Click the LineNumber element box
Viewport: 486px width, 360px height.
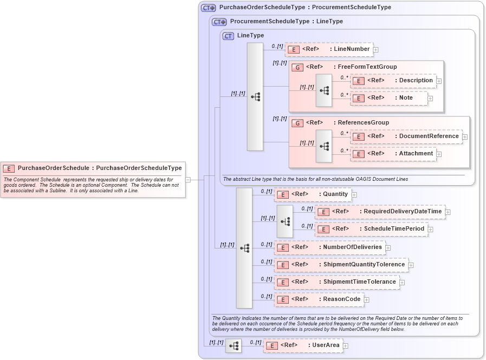click(x=328, y=49)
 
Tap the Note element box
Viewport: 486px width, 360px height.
click(x=388, y=98)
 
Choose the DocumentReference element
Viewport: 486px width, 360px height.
click(x=406, y=136)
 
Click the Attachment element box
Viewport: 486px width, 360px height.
click(x=393, y=154)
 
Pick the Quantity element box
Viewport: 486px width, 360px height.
click(x=313, y=194)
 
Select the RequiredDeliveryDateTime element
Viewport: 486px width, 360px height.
click(x=379, y=212)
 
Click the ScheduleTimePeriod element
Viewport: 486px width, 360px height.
click(x=371, y=229)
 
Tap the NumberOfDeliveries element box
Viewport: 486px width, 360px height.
click(x=329, y=247)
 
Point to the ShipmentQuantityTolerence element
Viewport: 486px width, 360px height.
click(x=341, y=265)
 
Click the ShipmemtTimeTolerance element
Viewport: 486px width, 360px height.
click(x=336, y=282)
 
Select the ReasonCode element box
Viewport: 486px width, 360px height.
click(x=319, y=299)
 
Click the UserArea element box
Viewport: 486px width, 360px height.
click(x=303, y=345)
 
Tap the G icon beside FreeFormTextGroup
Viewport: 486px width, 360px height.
click(x=297, y=67)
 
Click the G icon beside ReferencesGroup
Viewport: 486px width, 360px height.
click(x=297, y=123)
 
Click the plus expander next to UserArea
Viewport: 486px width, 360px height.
click(x=346, y=345)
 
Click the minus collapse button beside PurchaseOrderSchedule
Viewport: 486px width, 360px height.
click(x=187, y=179)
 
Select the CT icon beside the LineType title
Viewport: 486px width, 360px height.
click(x=228, y=36)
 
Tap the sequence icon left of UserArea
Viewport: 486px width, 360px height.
click(x=234, y=345)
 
